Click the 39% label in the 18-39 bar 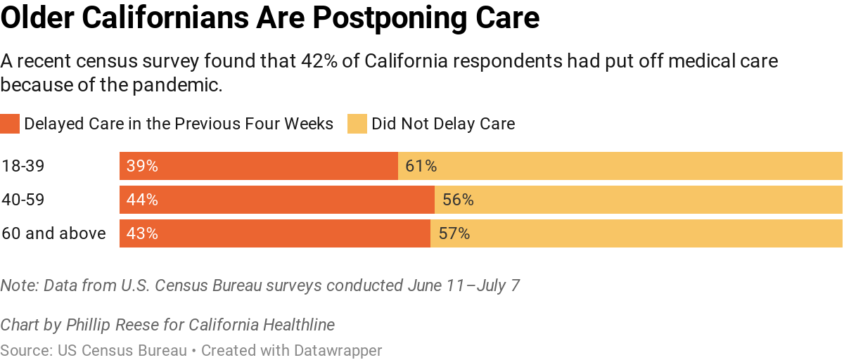coord(142,167)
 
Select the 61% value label coord(421,167)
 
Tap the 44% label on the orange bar coord(142,200)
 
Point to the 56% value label coord(458,200)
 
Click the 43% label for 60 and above coord(142,233)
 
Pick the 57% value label coord(454,233)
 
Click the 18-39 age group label coord(23,167)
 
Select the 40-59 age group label coord(23,200)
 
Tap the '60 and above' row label coord(53,233)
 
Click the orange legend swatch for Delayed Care coord(10,124)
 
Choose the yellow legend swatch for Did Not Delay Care coord(357,124)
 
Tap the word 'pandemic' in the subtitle coord(186,86)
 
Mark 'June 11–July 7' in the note coord(463,286)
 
